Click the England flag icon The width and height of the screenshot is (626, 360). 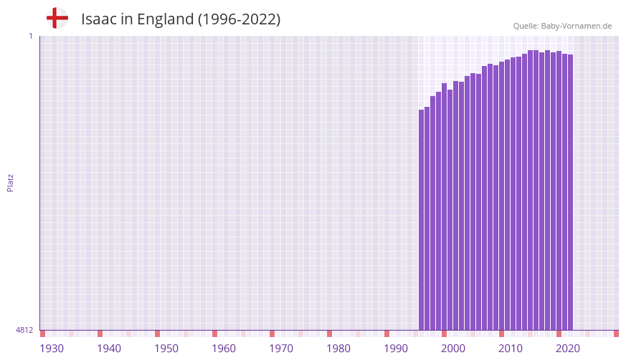click(57, 18)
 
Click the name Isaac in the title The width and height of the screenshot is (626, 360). click(98, 19)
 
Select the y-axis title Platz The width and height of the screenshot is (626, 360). click(10, 182)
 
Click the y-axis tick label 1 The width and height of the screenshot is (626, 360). click(30, 36)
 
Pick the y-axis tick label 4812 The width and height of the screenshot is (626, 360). click(24, 330)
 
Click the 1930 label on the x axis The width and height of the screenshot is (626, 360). click(52, 349)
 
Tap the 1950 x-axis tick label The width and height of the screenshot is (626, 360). click(166, 349)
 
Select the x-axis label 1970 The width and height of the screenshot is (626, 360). click(281, 349)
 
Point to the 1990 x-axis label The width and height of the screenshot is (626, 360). click(396, 349)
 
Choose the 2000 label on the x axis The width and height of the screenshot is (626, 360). click(453, 349)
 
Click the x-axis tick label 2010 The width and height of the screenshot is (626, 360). click(511, 349)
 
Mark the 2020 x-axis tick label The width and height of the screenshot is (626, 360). click(568, 349)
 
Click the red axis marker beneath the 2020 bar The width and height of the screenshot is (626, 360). click(559, 333)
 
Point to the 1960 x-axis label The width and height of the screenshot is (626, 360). click(224, 349)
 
